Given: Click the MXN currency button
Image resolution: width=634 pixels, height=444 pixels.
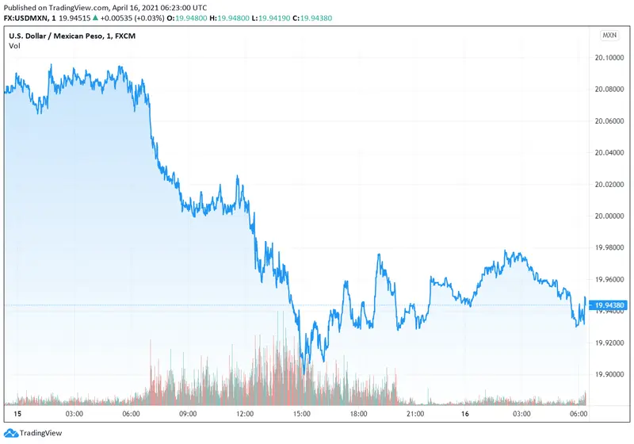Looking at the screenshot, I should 609,36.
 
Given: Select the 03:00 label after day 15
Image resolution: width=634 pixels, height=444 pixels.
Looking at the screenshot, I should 75,415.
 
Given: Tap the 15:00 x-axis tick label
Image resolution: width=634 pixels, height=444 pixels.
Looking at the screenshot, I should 301,415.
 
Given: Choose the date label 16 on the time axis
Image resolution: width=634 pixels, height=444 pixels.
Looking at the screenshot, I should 467,415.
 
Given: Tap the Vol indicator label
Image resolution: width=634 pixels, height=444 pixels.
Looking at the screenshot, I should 14,46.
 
